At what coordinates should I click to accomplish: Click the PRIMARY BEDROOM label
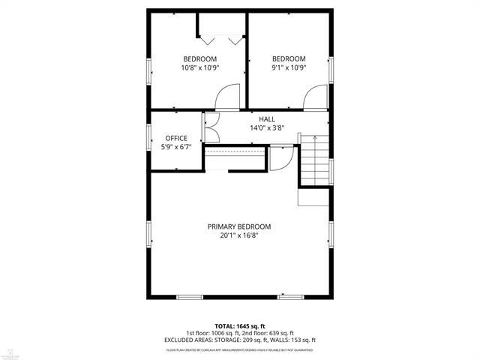coord(239,226)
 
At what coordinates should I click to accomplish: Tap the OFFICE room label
coord(176,138)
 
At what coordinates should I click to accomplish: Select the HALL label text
coord(267,119)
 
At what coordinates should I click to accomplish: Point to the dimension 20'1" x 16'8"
coord(239,235)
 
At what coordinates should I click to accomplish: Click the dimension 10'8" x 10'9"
coord(200,67)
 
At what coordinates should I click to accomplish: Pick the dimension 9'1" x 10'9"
coord(289,67)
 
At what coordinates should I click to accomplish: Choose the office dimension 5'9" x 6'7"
coord(176,147)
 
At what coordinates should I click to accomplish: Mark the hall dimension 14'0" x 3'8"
coord(267,128)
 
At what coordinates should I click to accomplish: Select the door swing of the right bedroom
coord(316,97)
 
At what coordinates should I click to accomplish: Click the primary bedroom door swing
coord(280,157)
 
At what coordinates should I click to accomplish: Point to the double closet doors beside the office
coord(210,129)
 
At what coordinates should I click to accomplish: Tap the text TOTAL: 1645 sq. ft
coord(239,326)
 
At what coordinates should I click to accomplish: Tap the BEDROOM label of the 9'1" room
coord(289,59)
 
